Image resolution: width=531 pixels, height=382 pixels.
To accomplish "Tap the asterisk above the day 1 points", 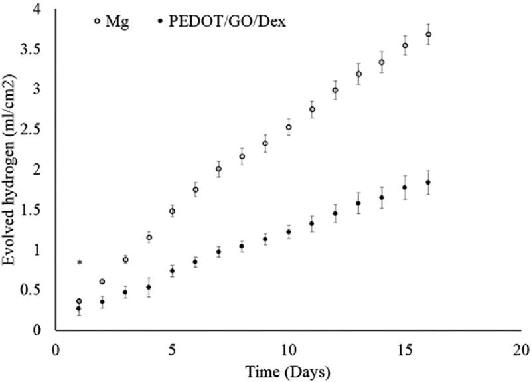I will click(x=80, y=264).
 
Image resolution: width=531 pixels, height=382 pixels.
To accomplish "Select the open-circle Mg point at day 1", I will click(x=79, y=302).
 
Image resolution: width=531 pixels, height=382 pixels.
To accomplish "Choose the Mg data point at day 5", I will click(x=172, y=211).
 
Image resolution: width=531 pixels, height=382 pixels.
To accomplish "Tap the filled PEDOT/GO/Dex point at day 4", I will click(x=149, y=288).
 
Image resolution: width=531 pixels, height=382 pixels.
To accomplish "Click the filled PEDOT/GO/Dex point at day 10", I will click(x=289, y=232).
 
